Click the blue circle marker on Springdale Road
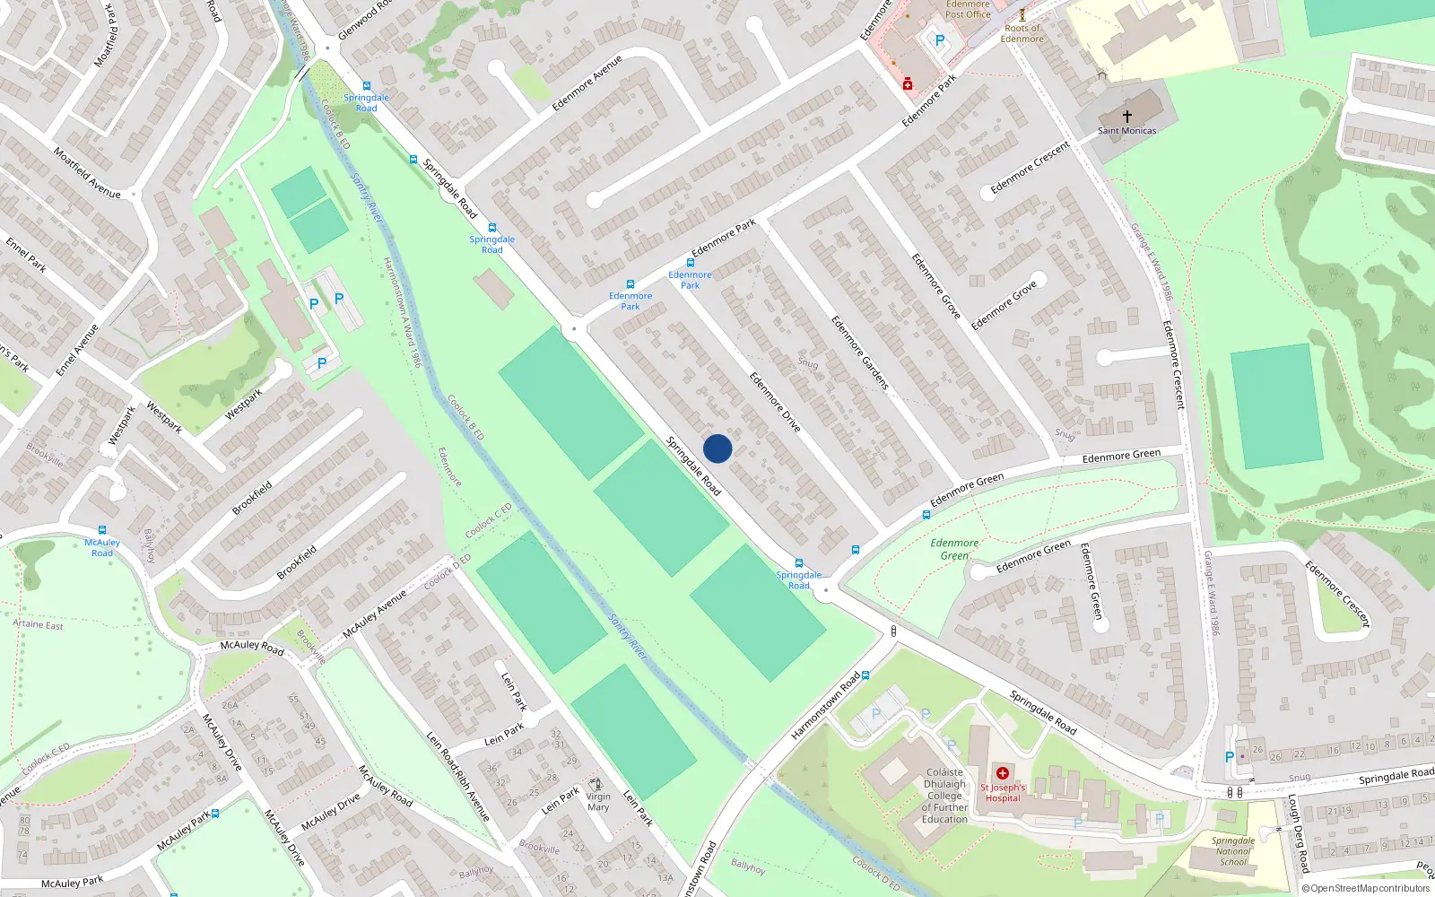[717, 448]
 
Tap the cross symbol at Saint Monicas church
[1127, 116]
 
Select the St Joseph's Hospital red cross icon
[1003, 773]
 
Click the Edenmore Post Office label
[968, 10]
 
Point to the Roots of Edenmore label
[1022, 33]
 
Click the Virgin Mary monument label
[598, 802]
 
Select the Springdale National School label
[1233, 851]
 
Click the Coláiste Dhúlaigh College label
[944, 796]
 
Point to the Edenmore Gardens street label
[859, 353]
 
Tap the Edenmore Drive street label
[775, 403]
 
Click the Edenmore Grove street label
[936, 286]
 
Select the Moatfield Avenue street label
[86, 172]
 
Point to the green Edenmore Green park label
[954, 549]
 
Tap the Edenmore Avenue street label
[587, 83]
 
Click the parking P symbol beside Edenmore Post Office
[940, 40]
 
